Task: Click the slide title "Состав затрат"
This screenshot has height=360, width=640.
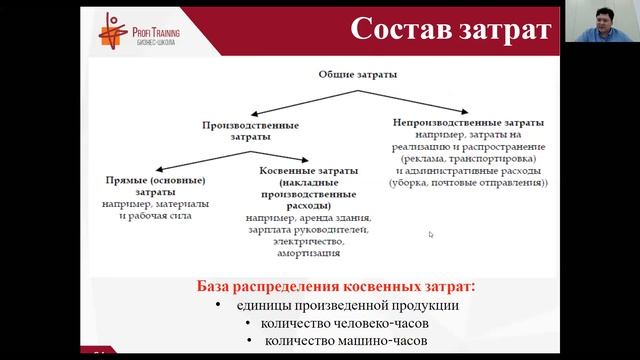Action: (x=451, y=29)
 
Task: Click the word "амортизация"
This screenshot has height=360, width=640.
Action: (x=307, y=254)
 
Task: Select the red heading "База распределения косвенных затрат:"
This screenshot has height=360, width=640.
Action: (x=336, y=286)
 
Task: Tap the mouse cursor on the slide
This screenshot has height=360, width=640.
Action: (x=431, y=235)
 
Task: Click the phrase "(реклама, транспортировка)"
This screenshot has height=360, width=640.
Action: (x=469, y=158)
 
